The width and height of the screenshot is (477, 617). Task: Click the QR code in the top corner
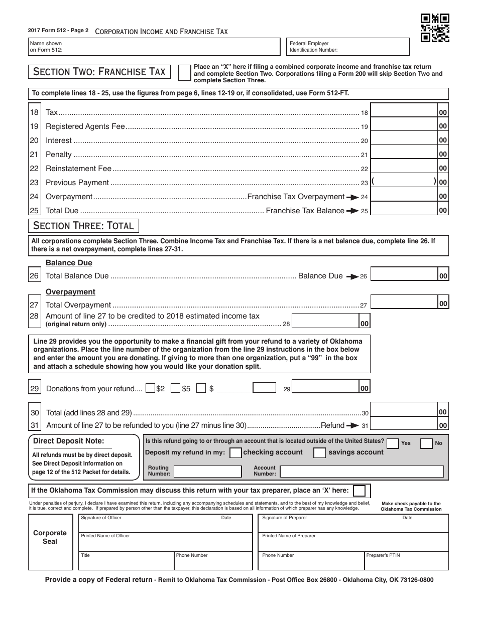click(x=435, y=27)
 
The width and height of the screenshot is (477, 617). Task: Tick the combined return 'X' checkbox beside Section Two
click(x=185, y=72)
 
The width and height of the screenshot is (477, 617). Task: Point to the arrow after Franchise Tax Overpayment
click(x=352, y=197)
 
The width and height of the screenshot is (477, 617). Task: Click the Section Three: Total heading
click(x=83, y=226)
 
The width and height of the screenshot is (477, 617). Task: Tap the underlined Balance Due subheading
click(x=69, y=263)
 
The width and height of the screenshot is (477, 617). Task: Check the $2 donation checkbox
click(x=150, y=388)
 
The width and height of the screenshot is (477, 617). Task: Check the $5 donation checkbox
click(x=175, y=388)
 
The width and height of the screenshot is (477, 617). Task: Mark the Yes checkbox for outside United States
click(x=393, y=443)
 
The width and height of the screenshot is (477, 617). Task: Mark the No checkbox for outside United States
click(x=426, y=443)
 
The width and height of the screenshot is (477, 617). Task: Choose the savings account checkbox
click(x=319, y=452)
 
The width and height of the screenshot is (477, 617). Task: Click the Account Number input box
click(x=362, y=472)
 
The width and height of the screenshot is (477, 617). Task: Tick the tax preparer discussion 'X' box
click(x=359, y=490)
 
